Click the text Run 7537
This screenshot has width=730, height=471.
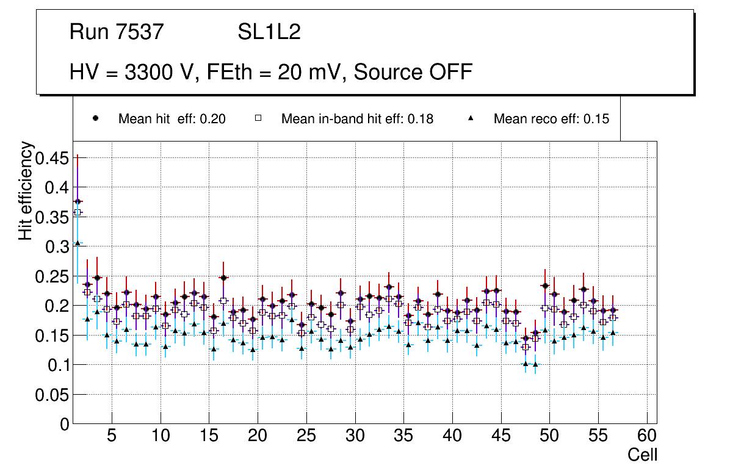117,32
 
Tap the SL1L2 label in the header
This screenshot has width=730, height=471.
269,32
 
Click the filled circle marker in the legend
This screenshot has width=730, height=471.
95,118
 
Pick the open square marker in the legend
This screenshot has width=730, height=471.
258,118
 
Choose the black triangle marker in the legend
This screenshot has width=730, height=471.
471,118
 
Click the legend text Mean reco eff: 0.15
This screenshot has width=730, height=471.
551,119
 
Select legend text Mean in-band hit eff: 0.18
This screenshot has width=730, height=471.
357,119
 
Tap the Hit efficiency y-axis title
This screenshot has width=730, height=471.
26,190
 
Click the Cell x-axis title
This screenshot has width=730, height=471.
642,455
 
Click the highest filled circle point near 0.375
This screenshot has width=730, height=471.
78,201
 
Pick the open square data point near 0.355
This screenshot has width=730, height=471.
78,212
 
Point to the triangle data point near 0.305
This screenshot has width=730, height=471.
78,243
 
